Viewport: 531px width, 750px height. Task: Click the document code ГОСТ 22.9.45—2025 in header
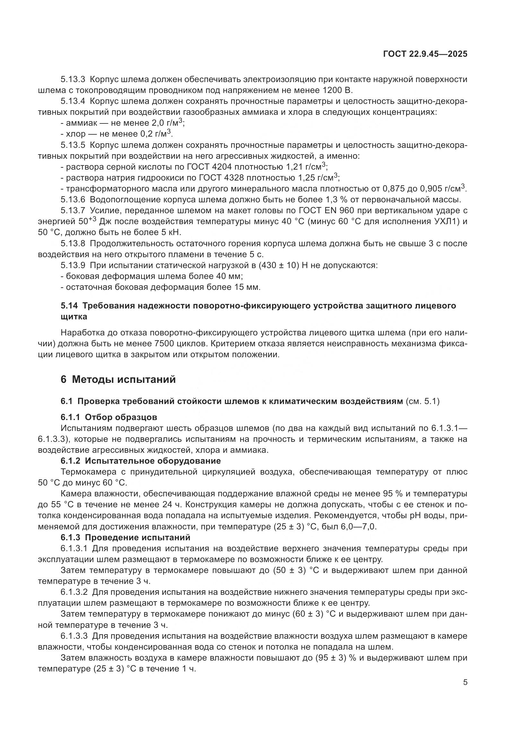pos(425,54)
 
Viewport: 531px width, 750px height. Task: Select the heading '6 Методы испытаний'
pos(118,380)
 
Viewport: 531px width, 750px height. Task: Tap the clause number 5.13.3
pos(73,80)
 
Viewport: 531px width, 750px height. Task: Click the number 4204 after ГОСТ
pos(222,167)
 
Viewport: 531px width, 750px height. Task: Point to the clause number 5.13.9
pos(73,265)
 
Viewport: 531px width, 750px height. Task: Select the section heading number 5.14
pos(69,306)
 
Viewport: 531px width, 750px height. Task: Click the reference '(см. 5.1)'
pos(422,401)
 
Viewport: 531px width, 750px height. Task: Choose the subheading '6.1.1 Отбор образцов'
pos(109,417)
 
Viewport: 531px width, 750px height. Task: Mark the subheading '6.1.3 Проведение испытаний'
pos(125,537)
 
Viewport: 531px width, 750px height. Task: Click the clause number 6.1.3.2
pos(74,592)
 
